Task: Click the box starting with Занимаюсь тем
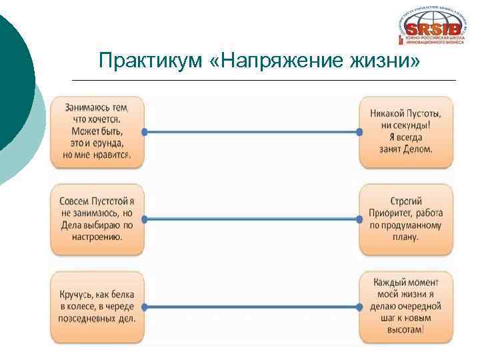[x=97, y=132]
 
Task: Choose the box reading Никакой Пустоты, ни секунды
[x=405, y=132]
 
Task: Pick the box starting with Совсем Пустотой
[x=97, y=219]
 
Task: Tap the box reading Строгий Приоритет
[x=405, y=219]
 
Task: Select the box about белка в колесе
[x=97, y=307]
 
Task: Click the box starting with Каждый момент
[x=405, y=307]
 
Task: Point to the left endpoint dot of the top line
[x=144, y=132]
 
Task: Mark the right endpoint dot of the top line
[x=360, y=132]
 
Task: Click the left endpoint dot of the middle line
[x=144, y=219]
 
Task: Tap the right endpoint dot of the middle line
[x=360, y=219]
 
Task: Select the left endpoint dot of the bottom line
[x=144, y=307]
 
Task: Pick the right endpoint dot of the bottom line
[x=360, y=307]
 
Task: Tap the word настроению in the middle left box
[x=97, y=237]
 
